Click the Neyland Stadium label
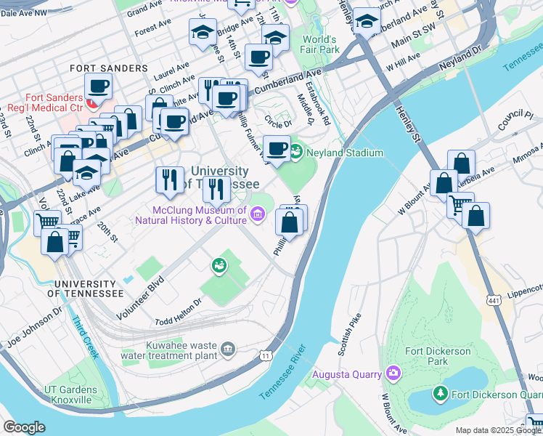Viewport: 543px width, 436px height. [x=344, y=153]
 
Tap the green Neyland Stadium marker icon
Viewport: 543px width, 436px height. [x=297, y=152]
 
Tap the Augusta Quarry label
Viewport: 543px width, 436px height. [x=346, y=375]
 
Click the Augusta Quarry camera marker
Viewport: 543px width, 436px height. [x=393, y=374]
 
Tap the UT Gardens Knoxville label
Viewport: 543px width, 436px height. [x=70, y=395]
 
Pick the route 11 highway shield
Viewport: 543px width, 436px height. [x=266, y=354]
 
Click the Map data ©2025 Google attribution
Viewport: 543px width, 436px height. [x=498, y=430]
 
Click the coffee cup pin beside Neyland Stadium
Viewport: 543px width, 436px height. [x=276, y=149]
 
